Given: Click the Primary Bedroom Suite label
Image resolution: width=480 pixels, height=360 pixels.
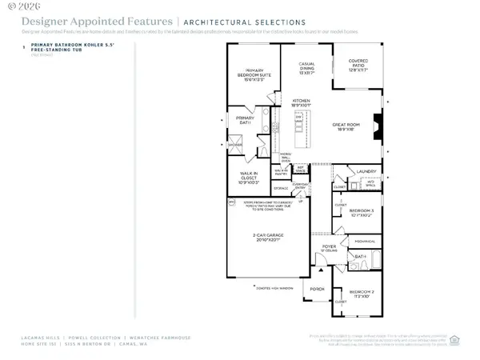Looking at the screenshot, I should pos(254,74).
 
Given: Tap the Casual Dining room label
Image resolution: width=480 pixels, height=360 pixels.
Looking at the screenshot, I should pos(306,68).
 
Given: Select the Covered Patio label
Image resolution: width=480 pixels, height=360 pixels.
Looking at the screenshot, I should pos(358,66).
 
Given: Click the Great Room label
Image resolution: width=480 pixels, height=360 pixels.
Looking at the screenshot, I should pos(349,127).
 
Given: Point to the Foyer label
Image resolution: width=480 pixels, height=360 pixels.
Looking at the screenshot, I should pos(329,248).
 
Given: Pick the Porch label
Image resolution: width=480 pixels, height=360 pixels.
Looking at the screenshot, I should pos(316,289).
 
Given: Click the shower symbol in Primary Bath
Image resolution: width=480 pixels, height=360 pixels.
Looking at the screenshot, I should pos(238,145).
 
